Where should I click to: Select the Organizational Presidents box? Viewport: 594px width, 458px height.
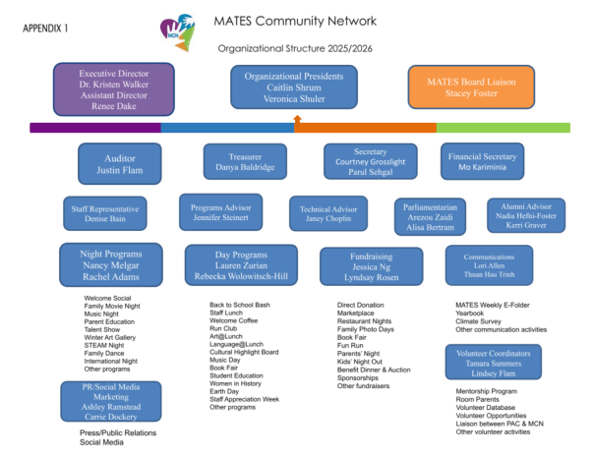click(295, 86)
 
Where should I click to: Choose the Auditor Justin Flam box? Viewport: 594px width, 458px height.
click(120, 163)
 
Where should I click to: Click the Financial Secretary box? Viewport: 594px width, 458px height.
click(483, 162)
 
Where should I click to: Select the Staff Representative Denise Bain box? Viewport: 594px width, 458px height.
click(105, 214)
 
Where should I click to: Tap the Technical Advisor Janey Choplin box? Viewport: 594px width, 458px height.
click(327, 214)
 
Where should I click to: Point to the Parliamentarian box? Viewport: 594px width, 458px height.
click(430, 216)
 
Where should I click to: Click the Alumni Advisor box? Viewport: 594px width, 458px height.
click(526, 215)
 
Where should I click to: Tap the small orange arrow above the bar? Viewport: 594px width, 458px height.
click(296, 118)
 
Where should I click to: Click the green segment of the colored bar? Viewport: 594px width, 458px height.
click(503, 127)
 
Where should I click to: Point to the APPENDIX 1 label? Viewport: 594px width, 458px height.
click(48, 29)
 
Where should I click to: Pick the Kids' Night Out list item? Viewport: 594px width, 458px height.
click(363, 361)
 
